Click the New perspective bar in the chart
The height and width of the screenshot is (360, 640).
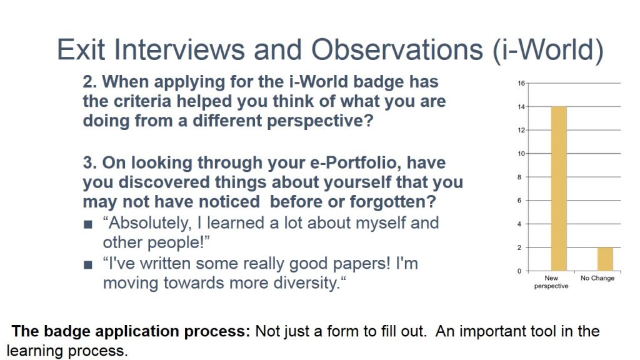click(559, 189)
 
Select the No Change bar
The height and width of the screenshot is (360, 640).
click(605, 259)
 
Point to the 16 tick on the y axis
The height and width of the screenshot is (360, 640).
click(521, 83)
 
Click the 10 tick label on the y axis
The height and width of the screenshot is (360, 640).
click(521, 154)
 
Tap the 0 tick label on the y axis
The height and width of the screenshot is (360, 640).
click(519, 271)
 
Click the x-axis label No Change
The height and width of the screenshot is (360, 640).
click(597, 278)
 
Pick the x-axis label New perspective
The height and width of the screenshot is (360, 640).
click(551, 282)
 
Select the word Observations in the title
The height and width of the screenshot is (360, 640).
click(397, 50)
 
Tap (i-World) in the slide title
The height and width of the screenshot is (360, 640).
click(548, 51)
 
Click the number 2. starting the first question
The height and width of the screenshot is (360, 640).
click(89, 82)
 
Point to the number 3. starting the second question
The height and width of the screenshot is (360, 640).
click(89, 163)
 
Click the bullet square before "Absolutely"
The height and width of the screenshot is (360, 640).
click(87, 224)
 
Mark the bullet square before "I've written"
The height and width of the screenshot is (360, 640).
click(87, 265)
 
